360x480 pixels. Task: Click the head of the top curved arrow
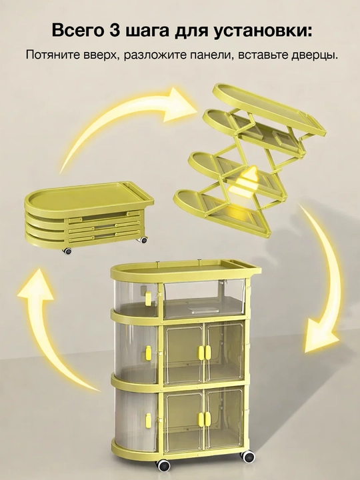[181, 104]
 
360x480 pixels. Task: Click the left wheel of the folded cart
[67, 251]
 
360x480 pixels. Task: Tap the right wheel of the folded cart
[143, 241]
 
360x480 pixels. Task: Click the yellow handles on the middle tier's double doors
[205, 352]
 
